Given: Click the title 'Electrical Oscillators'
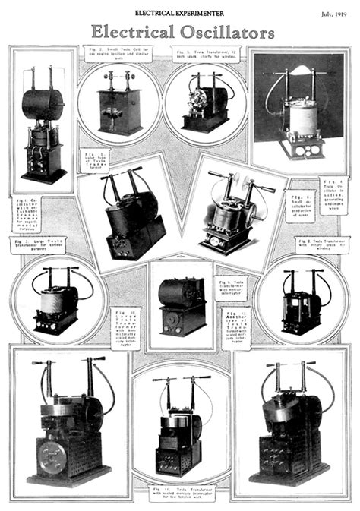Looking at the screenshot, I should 182,33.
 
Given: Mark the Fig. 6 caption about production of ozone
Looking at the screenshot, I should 301,205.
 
